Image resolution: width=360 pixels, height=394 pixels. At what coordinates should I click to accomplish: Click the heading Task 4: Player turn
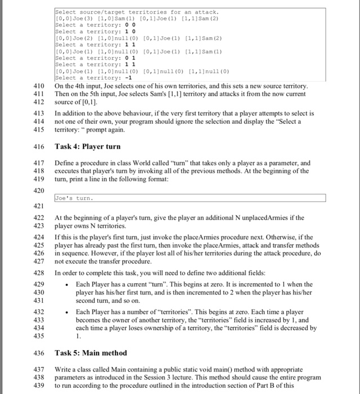point(87,146)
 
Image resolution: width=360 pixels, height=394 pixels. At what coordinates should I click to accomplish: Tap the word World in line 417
point(144,163)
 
